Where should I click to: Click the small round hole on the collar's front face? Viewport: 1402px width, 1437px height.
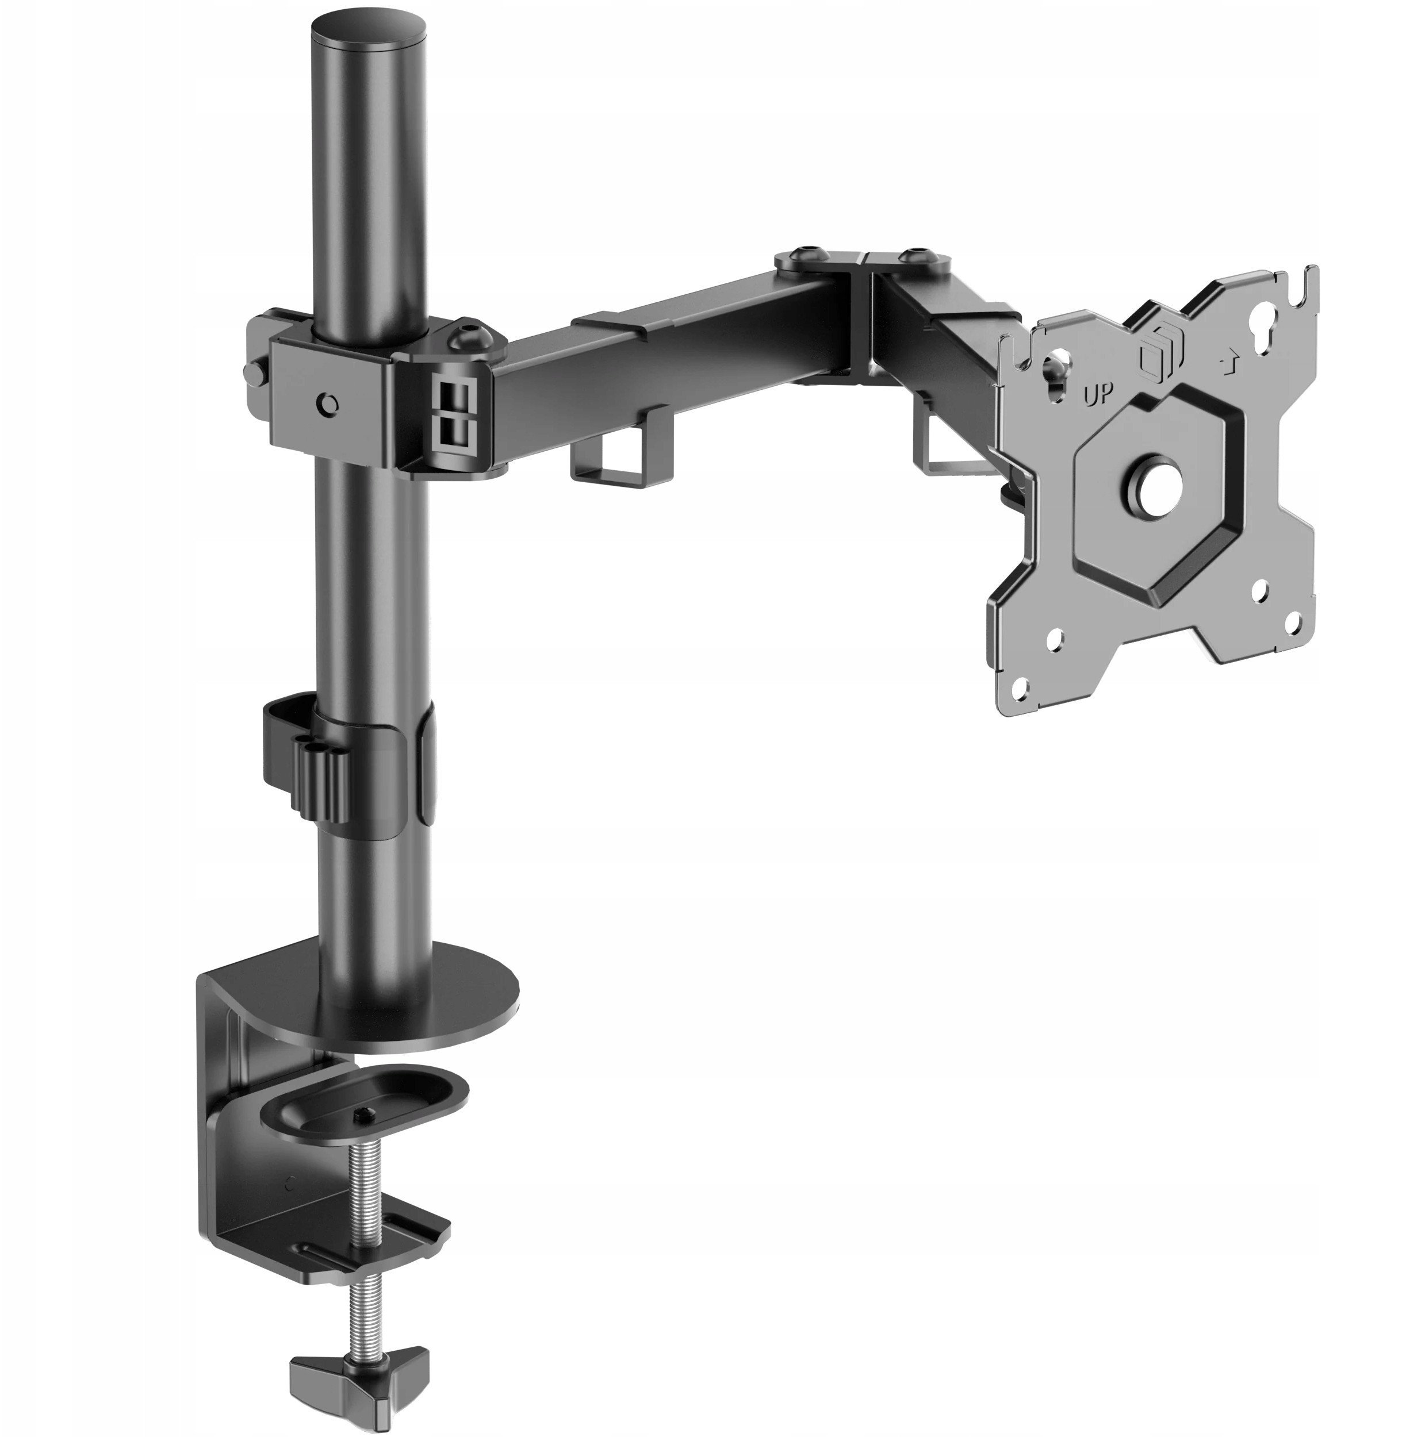328,404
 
